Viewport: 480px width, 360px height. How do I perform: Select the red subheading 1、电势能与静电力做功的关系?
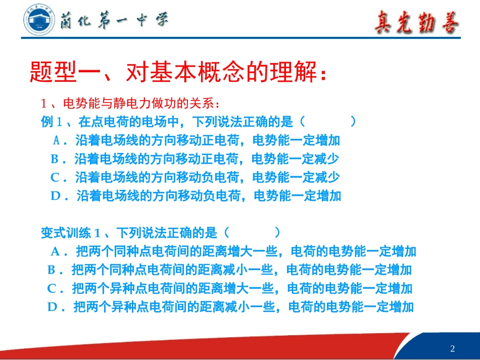[130, 104]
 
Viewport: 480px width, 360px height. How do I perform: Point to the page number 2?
[452, 348]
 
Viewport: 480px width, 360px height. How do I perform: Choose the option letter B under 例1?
[55, 159]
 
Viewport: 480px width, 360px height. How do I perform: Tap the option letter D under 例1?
[56, 196]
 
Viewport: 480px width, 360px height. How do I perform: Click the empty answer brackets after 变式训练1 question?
[251, 233]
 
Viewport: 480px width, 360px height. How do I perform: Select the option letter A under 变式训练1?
[56, 251]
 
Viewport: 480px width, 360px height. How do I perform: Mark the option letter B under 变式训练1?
[52, 270]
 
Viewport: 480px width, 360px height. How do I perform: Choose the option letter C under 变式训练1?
[52, 288]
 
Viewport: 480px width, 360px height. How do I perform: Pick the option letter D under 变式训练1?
[53, 306]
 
